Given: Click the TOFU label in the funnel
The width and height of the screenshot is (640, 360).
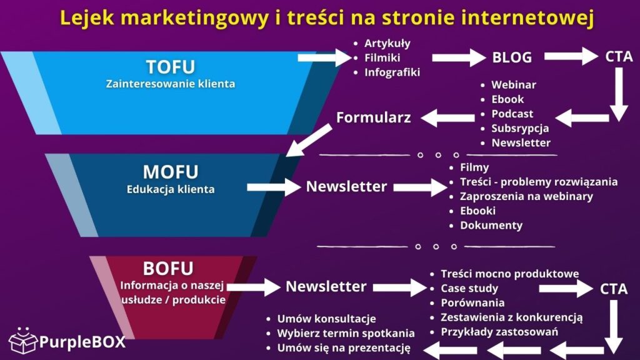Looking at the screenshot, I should click(170, 67).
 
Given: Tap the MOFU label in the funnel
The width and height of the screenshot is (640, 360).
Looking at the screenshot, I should click(170, 171).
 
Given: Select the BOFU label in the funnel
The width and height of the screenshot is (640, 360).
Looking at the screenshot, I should click(168, 269).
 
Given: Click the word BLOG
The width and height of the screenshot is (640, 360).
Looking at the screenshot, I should click(512, 57).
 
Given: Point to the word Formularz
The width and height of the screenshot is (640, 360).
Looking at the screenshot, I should click(373, 117).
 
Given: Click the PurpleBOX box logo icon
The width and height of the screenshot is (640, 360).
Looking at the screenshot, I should click(22, 341).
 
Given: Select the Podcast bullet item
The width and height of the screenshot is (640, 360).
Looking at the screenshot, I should click(512, 114).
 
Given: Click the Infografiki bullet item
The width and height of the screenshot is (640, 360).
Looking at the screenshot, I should click(392, 72).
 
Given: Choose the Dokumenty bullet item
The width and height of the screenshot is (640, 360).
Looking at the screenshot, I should click(491, 225).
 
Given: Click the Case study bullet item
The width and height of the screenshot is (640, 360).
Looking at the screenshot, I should click(469, 288).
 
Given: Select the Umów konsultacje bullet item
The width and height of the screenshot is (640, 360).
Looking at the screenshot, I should click(326, 318).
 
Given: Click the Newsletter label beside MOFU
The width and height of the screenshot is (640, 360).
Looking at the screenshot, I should click(346, 186).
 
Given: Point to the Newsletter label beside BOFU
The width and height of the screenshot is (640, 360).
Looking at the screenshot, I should click(326, 286).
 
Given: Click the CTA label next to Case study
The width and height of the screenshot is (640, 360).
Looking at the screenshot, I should click(614, 289).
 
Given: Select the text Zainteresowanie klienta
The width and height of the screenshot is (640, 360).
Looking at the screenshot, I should click(170, 83).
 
